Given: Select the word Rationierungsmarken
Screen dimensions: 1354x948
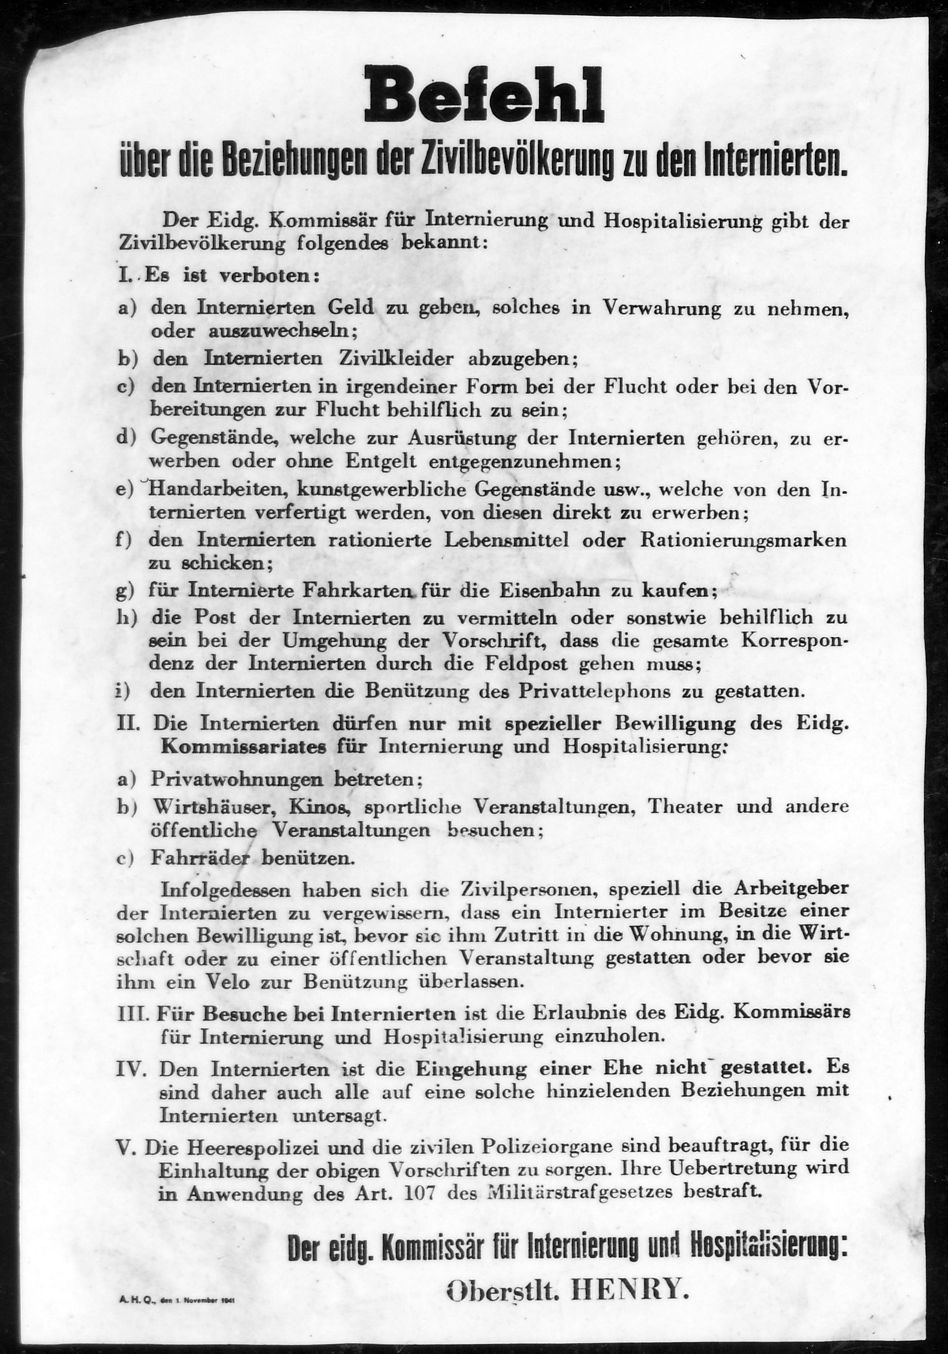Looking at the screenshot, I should pyautogui.click(x=743, y=540).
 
